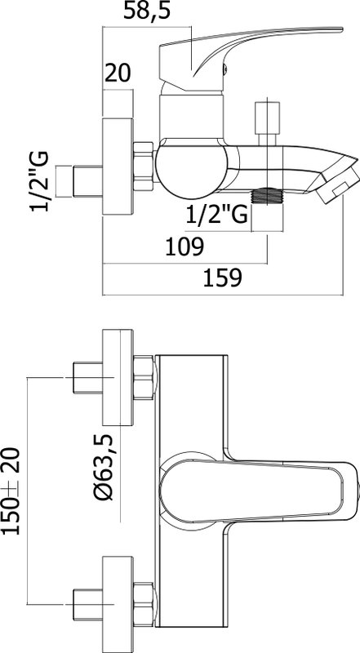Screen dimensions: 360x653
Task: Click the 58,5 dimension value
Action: click(147, 11)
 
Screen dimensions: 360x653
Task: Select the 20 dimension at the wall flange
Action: click(118, 73)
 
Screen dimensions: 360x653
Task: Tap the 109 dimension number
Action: click(184, 247)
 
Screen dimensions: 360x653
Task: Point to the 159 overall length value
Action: click(222, 278)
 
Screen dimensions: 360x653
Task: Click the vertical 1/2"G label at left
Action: click(39, 181)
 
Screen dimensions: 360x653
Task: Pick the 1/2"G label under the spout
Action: click(216, 215)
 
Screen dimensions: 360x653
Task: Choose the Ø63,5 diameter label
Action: click(103, 467)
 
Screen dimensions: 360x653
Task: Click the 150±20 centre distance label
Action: click(11, 491)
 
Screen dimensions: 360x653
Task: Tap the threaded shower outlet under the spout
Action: click(268, 196)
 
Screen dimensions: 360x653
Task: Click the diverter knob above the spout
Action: click(267, 123)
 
